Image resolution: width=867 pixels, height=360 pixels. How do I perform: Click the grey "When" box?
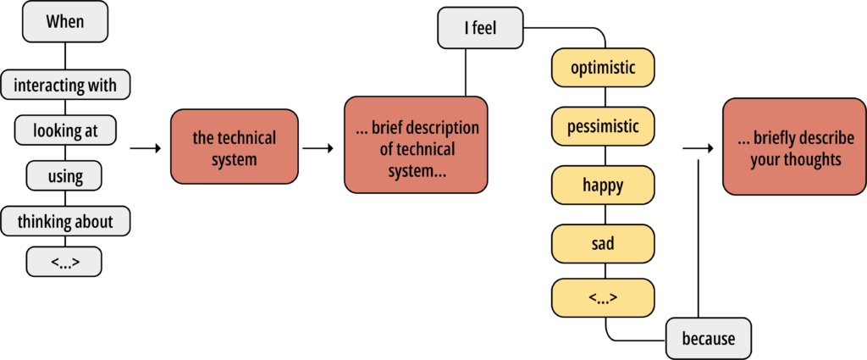pos(65,21)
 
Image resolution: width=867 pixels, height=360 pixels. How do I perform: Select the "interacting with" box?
pos(65,85)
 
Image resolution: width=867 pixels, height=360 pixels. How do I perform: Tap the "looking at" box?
pos(65,130)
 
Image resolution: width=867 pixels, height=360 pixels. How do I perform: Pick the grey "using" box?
pos(64,175)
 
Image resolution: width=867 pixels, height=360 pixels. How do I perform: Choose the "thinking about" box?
pos(65,221)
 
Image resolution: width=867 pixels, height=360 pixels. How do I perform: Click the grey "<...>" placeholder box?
pos(64,261)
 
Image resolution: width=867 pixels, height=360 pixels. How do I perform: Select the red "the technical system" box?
pos(234,147)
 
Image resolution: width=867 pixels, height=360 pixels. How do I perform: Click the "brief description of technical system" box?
pos(416,145)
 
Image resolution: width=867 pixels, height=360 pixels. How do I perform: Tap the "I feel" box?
pos(481,28)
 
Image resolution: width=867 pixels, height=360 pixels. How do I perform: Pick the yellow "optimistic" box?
pos(603,68)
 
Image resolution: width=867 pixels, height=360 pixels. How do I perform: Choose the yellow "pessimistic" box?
pos(603,126)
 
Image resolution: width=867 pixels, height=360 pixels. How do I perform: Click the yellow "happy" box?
pos(603,185)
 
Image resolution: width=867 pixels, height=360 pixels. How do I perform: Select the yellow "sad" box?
pos(603,243)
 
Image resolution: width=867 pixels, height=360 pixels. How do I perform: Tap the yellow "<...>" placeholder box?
pos(603,298)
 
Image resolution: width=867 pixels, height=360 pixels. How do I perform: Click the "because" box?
pos(709,339)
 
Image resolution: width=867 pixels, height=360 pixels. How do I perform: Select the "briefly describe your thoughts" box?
pos(794,147)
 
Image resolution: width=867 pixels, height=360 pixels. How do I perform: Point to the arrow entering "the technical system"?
pos(146,148)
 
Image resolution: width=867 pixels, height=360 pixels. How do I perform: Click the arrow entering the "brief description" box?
pos(318,148)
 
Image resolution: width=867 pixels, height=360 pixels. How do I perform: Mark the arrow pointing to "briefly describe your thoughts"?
pos(698,148)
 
